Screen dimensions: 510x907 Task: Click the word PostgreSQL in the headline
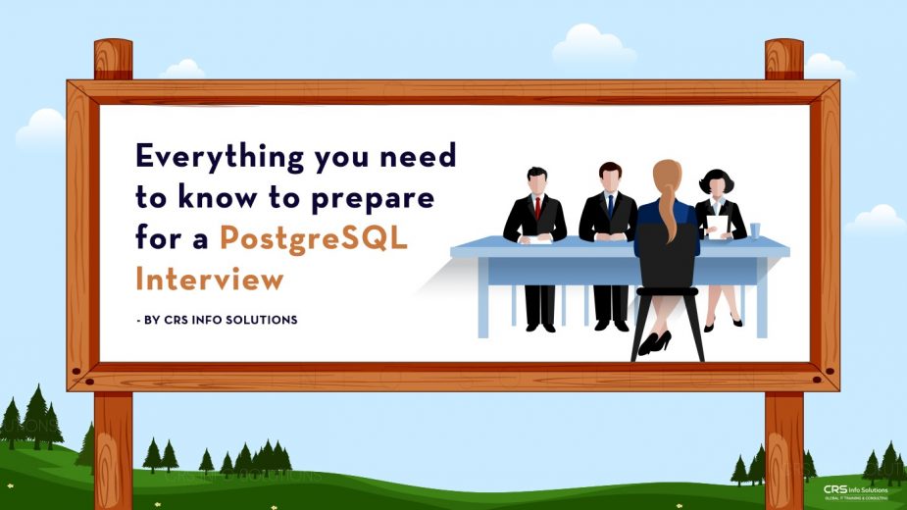[314, 238]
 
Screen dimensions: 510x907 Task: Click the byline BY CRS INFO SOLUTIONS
[220, 320]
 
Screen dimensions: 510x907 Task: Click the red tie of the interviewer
[536, 207]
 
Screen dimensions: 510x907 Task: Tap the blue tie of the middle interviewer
[610, 205]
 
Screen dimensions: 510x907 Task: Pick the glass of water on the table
[755, 229]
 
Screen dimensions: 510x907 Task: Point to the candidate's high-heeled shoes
[654, 342]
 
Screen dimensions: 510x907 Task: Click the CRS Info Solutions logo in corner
[854, 491]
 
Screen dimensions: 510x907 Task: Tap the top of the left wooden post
[113, 49]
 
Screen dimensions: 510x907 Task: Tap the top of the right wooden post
[783, 49]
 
